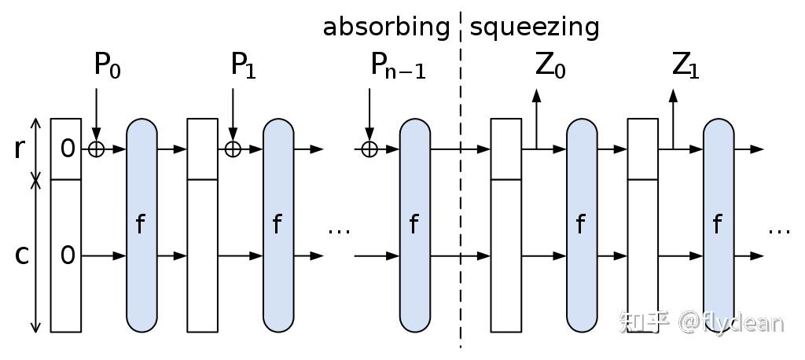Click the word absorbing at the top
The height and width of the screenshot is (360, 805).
click(x=386, y=28)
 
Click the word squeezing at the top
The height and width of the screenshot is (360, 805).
click(x=535, y=28)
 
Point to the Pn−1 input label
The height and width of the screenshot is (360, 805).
click(x=398, y=67)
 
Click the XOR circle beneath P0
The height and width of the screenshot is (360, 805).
click(x=96, y=149)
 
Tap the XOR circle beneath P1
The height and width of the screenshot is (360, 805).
click(x=233, y=149)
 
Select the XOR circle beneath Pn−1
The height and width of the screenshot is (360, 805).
click(x=369, y=149)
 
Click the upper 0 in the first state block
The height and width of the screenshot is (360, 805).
click(x=68, y=148)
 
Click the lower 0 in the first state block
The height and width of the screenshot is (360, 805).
click(x=68, y=255)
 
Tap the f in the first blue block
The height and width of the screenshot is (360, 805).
click(x=141, y=225)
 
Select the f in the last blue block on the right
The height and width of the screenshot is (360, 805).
click(x=717, y=225)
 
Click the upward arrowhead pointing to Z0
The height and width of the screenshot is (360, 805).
click(x=536, y=94)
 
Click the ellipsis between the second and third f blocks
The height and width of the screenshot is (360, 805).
click(x=339, y=231)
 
